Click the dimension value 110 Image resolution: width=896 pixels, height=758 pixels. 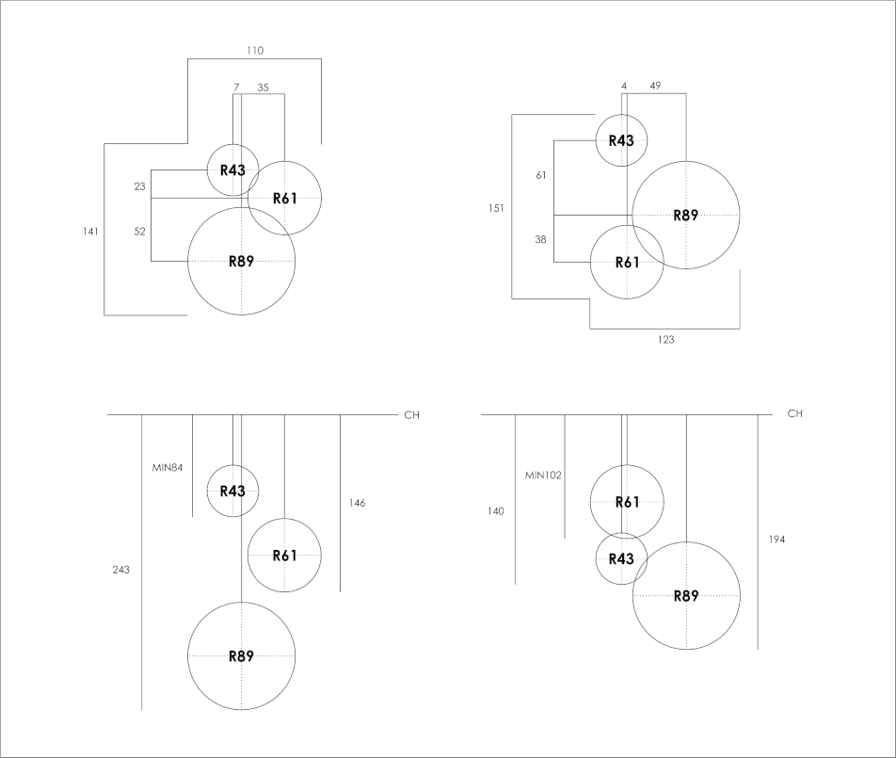(x=255, y=50)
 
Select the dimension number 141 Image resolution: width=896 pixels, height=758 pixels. (x=90, y=231)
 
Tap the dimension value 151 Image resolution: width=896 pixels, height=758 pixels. (x=496, y=208)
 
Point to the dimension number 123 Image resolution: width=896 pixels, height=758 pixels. (x=665, y=340)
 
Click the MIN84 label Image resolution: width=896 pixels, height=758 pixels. (x=168, y=467)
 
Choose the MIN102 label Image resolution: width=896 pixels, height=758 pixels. (x=543, y=476)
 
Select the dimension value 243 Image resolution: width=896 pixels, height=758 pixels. (x=120, y=570)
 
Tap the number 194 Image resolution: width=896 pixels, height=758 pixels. (x=776, y=540)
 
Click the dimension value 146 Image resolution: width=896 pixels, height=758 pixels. (x=357, y=503)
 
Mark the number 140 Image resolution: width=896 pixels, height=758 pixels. (x=496, y=511)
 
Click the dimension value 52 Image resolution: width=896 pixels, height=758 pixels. (x=139, y=231)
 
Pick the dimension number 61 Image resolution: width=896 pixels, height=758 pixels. (x=540, y=175)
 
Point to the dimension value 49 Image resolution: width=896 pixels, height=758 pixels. (x=655, y=86)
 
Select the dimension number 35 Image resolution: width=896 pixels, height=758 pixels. (x=263, y=87)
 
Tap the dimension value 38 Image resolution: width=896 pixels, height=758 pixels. (x=540, y=239)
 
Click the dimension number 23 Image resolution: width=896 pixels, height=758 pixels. (x=139, y=186)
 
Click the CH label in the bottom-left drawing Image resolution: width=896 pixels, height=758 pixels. (x=411, y=414)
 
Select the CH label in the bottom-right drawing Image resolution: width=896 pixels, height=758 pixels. (x=794, y=413)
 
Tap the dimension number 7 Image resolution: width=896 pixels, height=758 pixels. (x=236, y=87)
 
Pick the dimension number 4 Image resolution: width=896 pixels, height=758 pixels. (x=624, y=86)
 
